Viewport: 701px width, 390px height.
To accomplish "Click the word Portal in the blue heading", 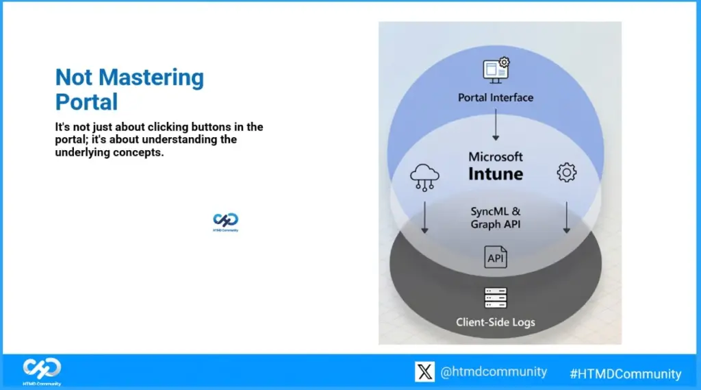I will (86, 101).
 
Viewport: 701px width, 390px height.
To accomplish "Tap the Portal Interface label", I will (495, 97).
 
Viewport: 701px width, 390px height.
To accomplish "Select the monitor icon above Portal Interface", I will (496, 69).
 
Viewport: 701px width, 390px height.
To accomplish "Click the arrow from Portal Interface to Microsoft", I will (496, 127).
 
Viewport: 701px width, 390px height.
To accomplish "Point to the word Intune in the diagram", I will (496, 174).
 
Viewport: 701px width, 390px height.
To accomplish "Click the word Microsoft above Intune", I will (496, 157).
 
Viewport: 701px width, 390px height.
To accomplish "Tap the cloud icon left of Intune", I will (424, 176).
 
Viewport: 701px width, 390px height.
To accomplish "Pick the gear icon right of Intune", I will (567, 172).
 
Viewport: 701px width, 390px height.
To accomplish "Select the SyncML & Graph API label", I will (496, 218).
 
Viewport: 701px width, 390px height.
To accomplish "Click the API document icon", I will (496, 257).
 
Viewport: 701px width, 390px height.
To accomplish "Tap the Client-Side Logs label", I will (496, 321).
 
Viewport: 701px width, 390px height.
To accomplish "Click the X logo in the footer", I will (424, 372).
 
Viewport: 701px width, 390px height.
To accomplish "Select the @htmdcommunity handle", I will (493, 372).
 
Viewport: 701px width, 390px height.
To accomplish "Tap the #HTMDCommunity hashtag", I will (625, 374).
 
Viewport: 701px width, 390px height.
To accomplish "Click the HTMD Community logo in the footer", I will (42, 371).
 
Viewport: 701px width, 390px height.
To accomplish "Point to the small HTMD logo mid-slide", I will (226, 222).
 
